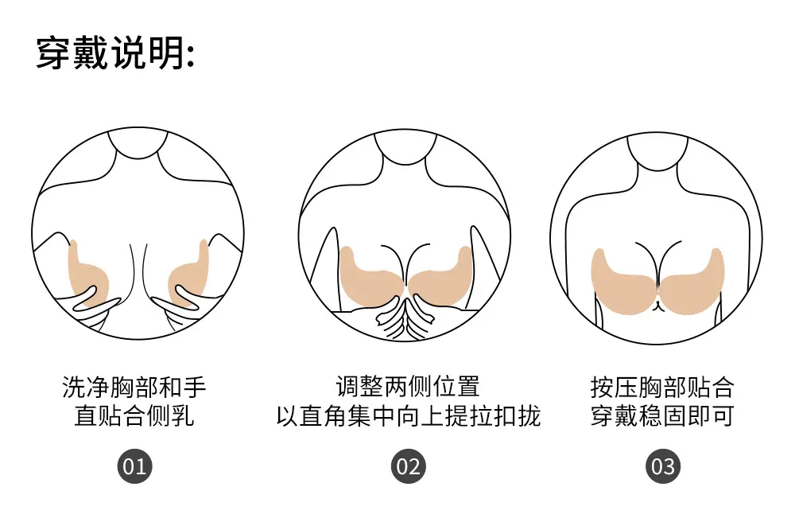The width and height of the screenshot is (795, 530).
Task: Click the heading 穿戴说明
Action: [x=115, y=53]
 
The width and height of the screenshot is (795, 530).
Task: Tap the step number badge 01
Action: [x=135, y=466]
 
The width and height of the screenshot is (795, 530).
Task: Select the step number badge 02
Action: [x=408, y=466]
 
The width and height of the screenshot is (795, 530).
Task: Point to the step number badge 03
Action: [x=663, y=466]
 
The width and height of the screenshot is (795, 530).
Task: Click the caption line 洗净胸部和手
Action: [x=134, y=388]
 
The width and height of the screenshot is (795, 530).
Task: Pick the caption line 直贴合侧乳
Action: [x=134, y=415]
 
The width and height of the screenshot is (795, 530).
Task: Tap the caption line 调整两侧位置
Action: [x=408, y=387]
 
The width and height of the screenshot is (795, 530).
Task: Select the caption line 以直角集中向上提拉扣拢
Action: [x=408, y=415]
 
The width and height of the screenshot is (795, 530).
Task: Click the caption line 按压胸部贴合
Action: [x=663, y=388]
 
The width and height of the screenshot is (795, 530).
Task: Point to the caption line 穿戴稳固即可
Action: [x=663, y=415]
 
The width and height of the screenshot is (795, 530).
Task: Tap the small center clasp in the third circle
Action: [x=658, y=306]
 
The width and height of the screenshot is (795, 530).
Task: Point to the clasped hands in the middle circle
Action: [x=405, y=318]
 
